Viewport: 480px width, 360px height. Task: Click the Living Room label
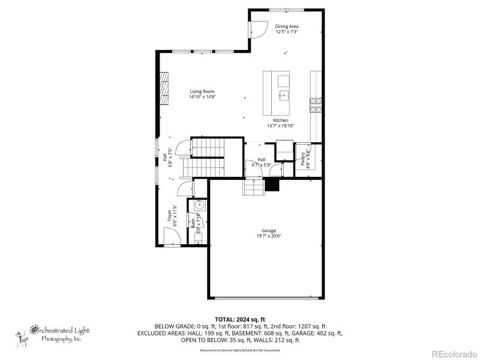pos(202,91)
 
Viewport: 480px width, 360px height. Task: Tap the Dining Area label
pos(287,26)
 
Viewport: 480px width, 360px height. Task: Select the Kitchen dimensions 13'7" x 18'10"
pos(280,126)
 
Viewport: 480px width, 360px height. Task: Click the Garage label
pos(268,230)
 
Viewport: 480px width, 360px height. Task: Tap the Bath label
pos(193,223)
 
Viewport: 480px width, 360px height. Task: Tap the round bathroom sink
pos(199,206)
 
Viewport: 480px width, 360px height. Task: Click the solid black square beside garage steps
pos(273,185)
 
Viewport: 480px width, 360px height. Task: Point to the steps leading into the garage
pos(253,188)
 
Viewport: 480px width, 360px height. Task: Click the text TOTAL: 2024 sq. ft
pos(239,319)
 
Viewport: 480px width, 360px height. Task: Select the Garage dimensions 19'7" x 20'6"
pos(268,236)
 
